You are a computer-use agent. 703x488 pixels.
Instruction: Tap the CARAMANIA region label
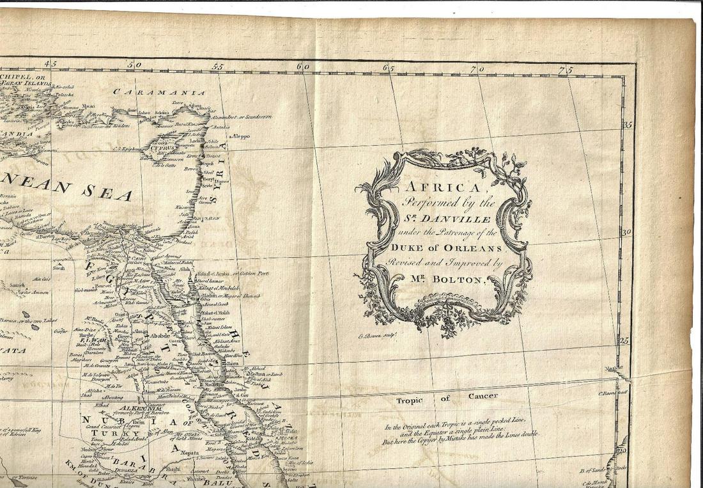point(159,92)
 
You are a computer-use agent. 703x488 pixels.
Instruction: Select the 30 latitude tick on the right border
point(627,233)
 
